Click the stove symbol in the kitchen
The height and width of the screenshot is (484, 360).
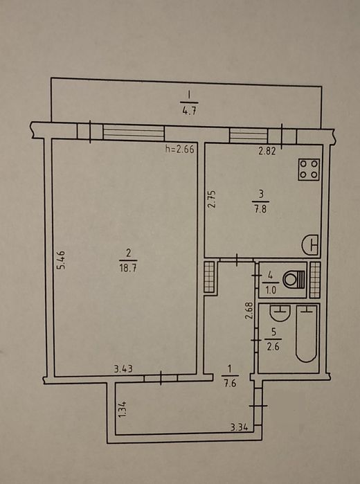(x=309, y=170)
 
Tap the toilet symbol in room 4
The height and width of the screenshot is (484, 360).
(x=294, y=279)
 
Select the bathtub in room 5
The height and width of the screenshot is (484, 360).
(x=307, y=333)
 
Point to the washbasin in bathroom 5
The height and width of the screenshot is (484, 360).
(x=280, y=313)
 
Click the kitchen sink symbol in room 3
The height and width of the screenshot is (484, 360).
(x=310, y=245)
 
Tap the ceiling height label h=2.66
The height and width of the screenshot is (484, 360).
(x=180, y=150)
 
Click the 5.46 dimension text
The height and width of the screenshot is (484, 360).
(x=62, y=260)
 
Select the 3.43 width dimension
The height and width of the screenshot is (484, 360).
(x=123, y=368)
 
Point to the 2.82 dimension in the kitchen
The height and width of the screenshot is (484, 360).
(x=267, y=151)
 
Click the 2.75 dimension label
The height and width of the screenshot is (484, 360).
(x=212, y=199)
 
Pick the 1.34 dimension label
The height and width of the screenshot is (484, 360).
(x=123, y=409)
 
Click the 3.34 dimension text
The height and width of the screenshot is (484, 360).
(x=240, y=428)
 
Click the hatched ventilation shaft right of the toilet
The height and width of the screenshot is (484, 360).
(x=315, y=280)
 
